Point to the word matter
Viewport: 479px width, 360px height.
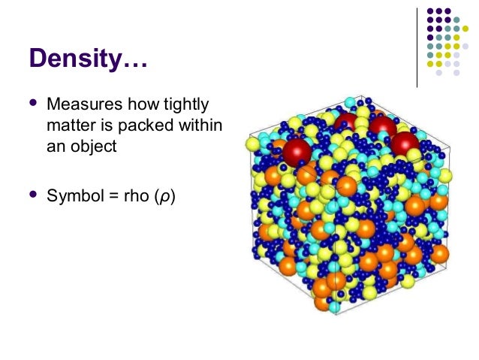click(68, 125)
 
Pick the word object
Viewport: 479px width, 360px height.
click(91, 146)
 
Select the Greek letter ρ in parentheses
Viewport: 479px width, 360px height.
click(164, 199)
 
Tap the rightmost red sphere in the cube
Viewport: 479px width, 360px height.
click(405, 142)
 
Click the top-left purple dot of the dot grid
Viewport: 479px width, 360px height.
click(430, 12)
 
